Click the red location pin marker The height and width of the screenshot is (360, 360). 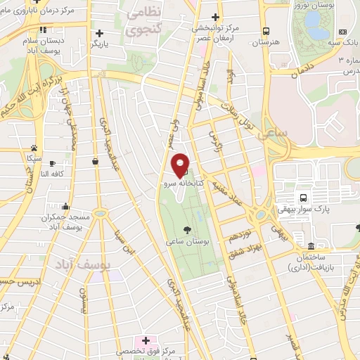click(181, 165)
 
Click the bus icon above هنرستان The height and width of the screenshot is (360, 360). click(266, 31)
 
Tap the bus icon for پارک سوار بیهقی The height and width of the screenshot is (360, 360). click(302, 198)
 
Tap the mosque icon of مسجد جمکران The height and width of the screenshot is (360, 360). click(65, 207)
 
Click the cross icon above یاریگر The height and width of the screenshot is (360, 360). click(99, 32)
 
